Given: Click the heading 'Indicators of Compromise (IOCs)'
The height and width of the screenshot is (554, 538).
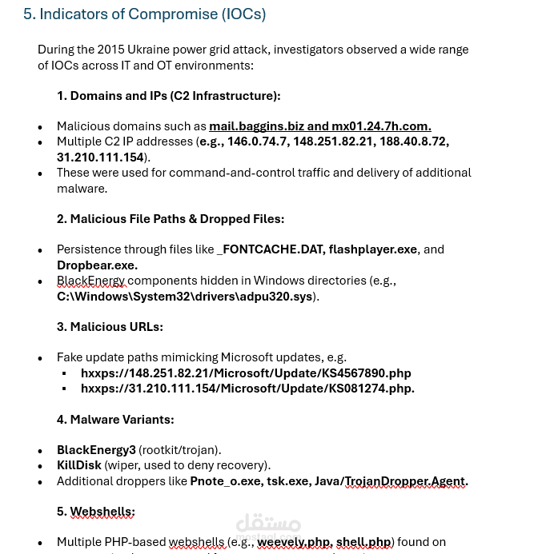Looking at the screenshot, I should tap(152, 14).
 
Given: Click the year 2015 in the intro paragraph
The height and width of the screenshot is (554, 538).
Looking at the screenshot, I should tap(111, 50).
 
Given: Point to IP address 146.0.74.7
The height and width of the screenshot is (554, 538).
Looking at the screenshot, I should tap(256, 141).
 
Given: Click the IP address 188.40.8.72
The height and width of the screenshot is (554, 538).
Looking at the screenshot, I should tap(413, 141).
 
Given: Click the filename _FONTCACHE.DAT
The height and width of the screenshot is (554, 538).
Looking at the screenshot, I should tap(271, 249).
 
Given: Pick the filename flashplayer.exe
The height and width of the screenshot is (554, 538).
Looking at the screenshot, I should tap(372, 249).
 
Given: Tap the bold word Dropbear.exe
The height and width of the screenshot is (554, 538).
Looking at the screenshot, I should tap(97, 265).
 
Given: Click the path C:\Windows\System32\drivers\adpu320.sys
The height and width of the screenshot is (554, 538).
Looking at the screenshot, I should tap(184, 297).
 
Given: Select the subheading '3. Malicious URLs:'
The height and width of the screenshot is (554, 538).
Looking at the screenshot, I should tap(110, 327).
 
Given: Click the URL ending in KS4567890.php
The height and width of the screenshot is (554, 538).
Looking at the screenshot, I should tap(246, 373).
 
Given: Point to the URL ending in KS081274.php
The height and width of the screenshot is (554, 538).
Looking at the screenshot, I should tap(247, 389).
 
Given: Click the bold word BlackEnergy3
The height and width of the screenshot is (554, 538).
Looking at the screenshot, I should tap(96, 450).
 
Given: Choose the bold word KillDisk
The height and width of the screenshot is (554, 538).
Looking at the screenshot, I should tap(78, 465).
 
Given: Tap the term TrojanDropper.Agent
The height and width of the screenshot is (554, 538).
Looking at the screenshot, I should tap(404, 481).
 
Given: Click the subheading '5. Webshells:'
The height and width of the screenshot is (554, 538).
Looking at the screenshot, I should tap(95, 512).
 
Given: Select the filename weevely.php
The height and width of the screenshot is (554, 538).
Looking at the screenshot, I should tap(293, 542).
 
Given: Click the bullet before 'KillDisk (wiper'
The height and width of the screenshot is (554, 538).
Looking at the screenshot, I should tap(40, 466).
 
